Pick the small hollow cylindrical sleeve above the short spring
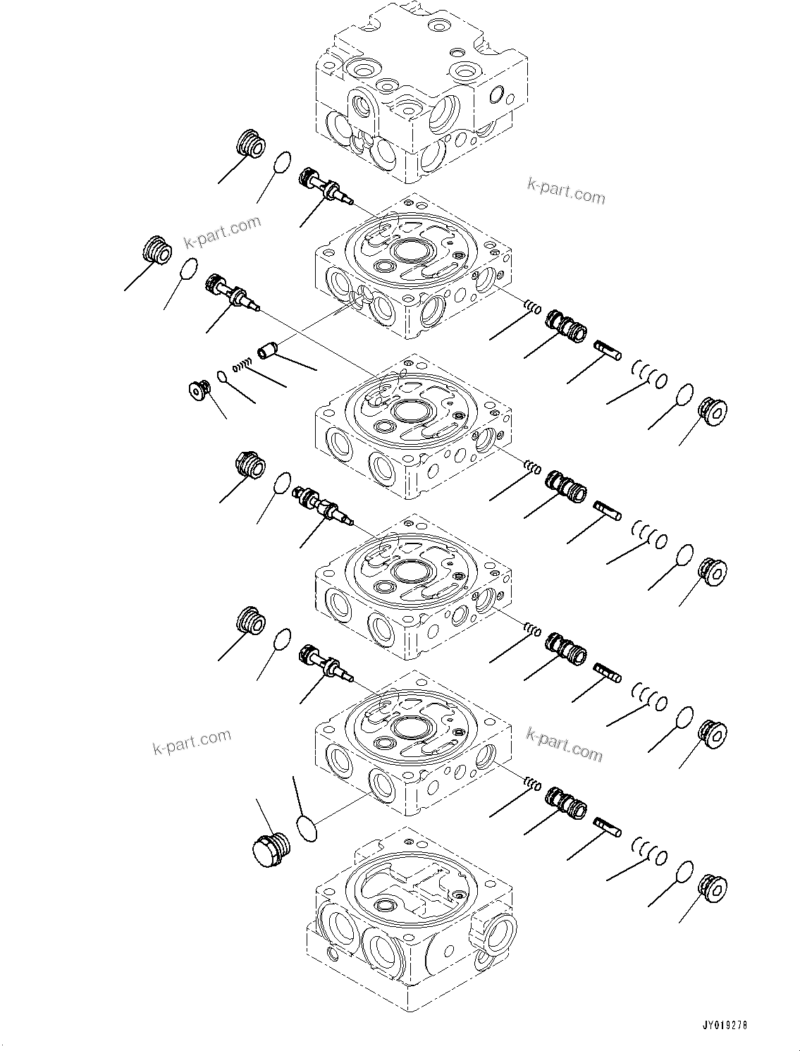pyautogui.click(x=268, y=350)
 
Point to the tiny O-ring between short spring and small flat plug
pyautogui.click(x=222, y=376)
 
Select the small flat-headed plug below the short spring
pyautogui.click(x=197, y=389)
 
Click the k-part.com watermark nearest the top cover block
pyautogui.click(x=565, y=190)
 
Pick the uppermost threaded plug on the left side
pyautogui.click(x=250, y=144)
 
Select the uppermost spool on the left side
pyautogui.click(x=324, y=188)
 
